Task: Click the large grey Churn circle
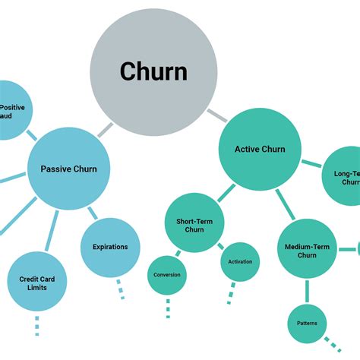(x=153, y=71)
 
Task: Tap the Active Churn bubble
(x=260, y=149)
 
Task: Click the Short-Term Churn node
(x=194, y=224)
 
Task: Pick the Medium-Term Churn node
(x=306, y=249)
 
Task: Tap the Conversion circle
(x=167, y=274)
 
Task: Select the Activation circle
(x=241, y=262)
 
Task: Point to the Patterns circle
(x=308, y=324)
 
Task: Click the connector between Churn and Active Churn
(x=217, y=116)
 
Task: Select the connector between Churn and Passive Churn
(x=106, y=130)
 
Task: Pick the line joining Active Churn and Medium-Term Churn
(x=285, y=204)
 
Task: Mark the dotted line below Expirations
(x=119, y=289)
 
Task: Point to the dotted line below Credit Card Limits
(x=36, y=325)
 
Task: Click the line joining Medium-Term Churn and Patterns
(x=308, y=291)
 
